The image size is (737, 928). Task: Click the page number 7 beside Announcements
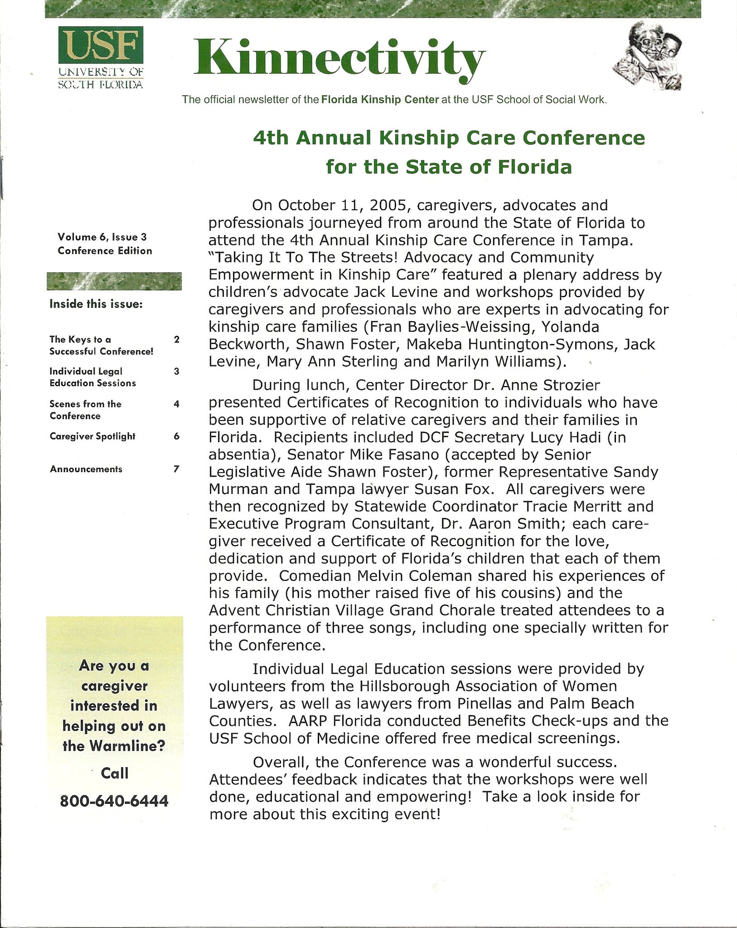[x=176, y=469]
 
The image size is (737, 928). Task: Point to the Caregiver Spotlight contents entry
[x=92, y=436]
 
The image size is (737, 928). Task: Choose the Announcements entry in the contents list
[x=86, y=469]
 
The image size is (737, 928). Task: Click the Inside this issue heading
[x=96, y=304]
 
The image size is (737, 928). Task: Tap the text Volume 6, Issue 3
[x=102, y=237]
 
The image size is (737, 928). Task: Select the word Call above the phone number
[x=115, y=773]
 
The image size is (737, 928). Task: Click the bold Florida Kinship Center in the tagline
[x=380, y=100]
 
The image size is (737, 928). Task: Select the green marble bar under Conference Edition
[x=114, y=281]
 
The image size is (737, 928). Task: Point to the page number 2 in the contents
[x=177, y=339]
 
